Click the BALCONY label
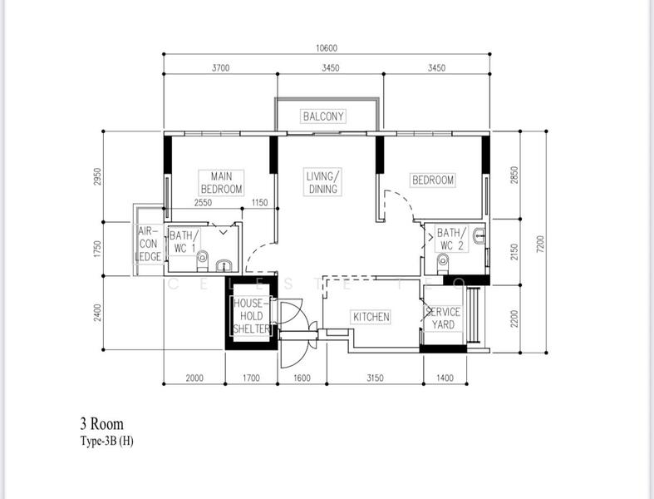click(323, 116)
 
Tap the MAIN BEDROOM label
click(220, 183)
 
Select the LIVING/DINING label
click(322, 183)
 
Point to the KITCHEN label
click(371, 318)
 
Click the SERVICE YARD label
click(443, 318)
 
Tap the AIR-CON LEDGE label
click(149, 245)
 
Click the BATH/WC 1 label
click(182, 241)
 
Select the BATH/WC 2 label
click(452, 239)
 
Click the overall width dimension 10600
click(327, 49)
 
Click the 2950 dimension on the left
click(97, 177)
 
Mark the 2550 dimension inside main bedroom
click(203, 203)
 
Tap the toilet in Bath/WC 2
click(442, 264)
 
